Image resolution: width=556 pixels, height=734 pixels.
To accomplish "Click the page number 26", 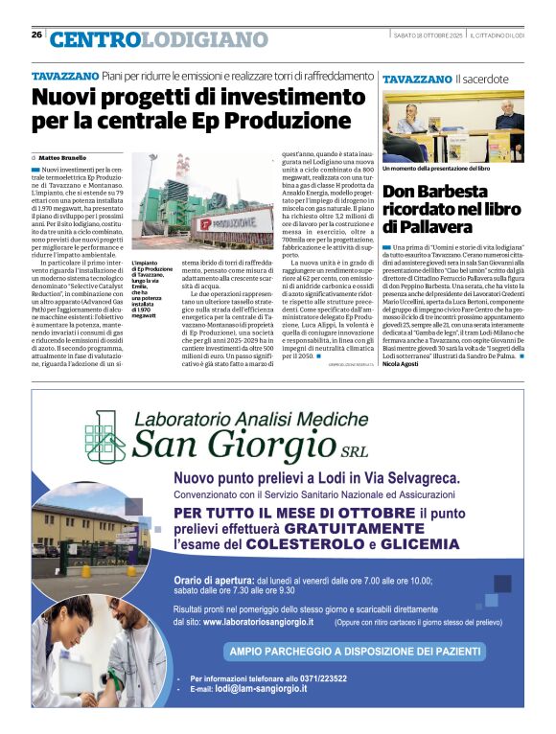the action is click(x=36, y=34).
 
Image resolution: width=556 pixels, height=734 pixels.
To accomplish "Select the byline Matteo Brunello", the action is click(x=62, y=157).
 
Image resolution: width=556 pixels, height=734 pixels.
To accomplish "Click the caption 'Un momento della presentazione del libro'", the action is click(x=436, y=169).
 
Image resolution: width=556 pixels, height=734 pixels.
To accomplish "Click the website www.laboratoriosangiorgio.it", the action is click(x=258, y=621).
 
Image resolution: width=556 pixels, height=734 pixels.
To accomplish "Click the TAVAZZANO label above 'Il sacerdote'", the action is click(x=417, y=78).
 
